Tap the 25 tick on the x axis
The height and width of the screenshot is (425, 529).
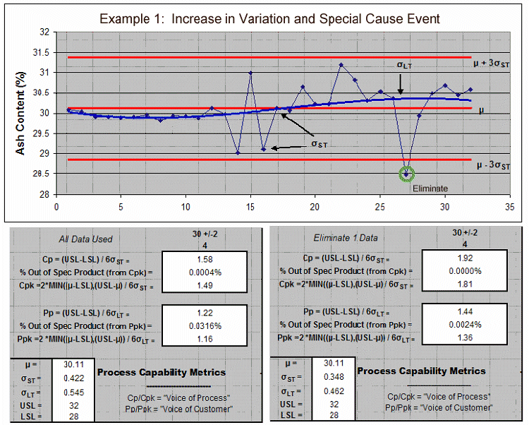point(380,207)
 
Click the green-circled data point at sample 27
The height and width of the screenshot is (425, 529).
point(406,173)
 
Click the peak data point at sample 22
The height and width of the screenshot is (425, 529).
point(341,65)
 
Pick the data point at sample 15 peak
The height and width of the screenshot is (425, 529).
point(250,73)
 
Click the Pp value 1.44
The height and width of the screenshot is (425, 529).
point(461,311)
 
